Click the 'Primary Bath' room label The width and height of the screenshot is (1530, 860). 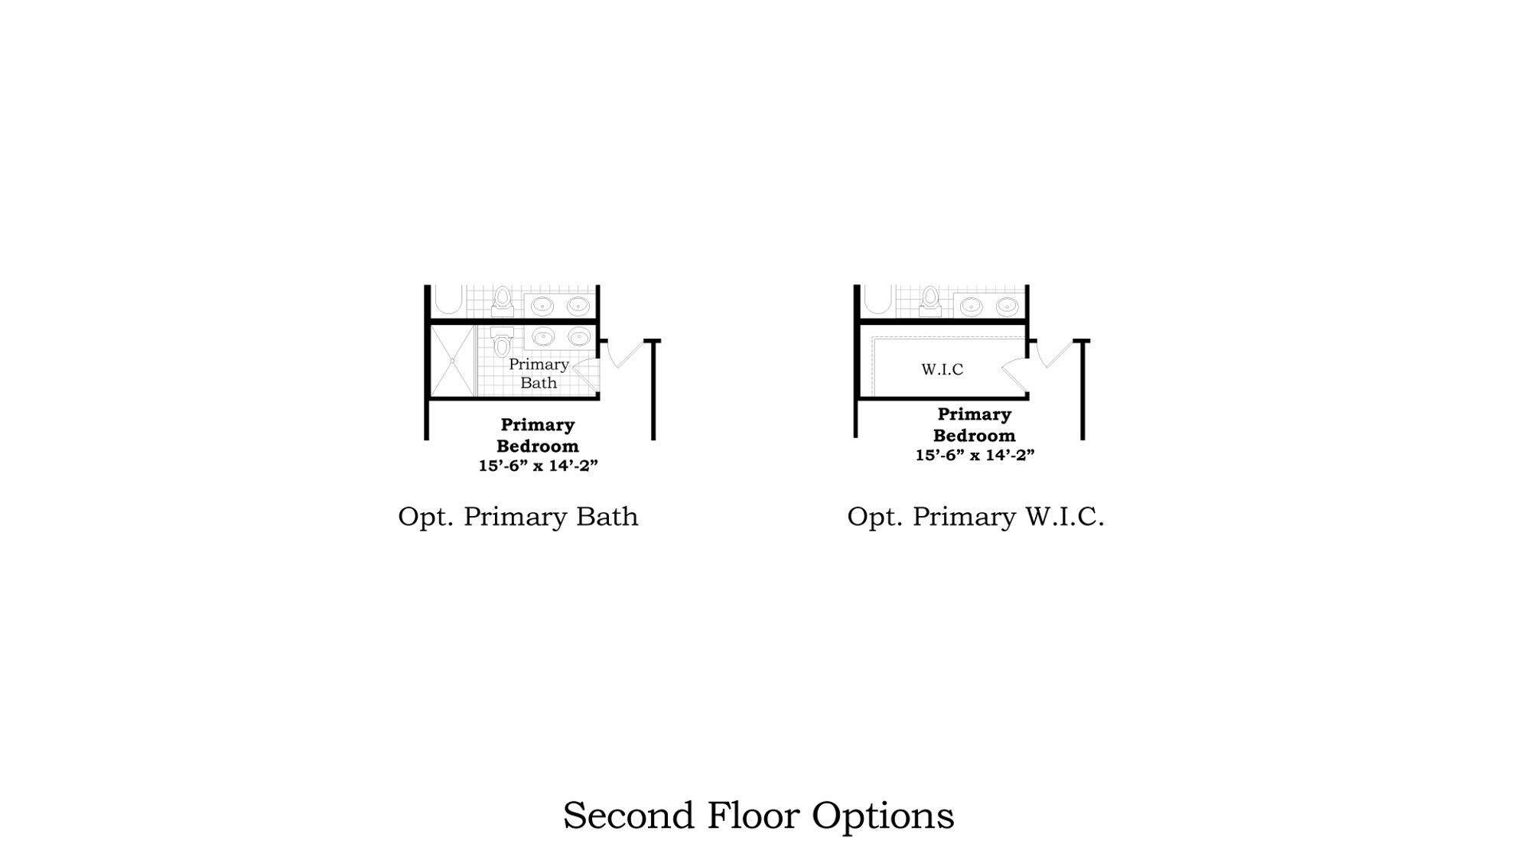(x=539, y=373)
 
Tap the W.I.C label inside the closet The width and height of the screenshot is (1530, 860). (x=942, y=369)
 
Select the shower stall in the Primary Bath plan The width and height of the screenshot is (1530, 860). (x=452, y=361)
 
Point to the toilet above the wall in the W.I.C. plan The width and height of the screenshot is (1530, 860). (x=930, y=301)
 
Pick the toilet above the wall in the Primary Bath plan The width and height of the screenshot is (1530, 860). (x=502, y=301)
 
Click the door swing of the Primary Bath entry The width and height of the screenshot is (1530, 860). (x=585, y=374)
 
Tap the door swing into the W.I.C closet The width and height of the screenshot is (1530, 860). (x=1015, y=374)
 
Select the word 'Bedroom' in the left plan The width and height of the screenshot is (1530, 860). (x=537, y=446)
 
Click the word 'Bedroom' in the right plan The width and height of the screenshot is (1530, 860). (x=974, y=435)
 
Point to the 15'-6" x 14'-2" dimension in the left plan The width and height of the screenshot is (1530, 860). (x=538, y=466)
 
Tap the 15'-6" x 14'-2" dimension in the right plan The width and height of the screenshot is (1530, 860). (x=975, y=455)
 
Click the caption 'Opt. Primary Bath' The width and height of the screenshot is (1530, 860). (x=518, y=517)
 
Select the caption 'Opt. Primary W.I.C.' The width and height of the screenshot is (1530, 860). (x=975, y=517)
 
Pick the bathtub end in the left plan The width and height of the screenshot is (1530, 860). (x=449, y=300)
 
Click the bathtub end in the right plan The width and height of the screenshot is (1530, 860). (x=878, y=300)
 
